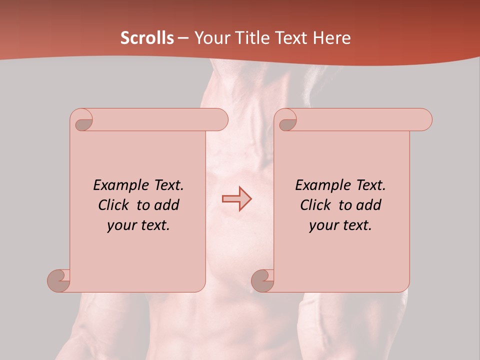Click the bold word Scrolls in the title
[x=147, y=38]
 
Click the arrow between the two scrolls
[x=237, y=198]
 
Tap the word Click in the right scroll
[x=315, y=205]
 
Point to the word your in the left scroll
[x=120, y=225]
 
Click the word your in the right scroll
[x=322, y=225]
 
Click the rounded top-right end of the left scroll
[x=220, y=119]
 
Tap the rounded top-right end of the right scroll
[x=424, y=119]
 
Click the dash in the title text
[x=183, y=38]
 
